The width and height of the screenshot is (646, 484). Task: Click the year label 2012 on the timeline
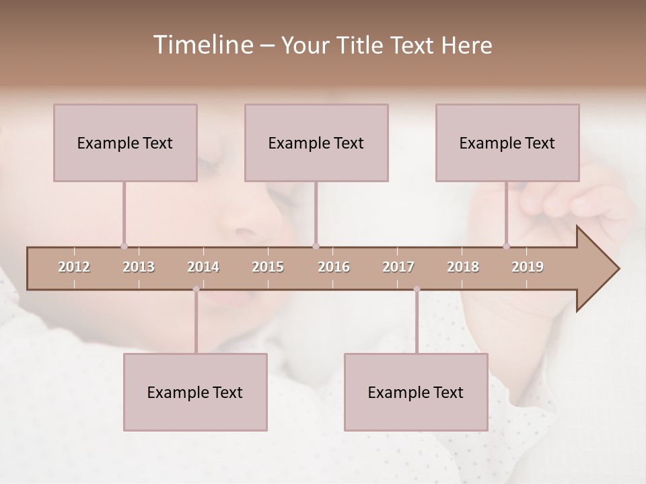tap(74, 268)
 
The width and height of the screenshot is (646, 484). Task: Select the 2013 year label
tap(139, 268)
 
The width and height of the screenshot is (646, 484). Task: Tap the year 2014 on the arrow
tap(203, 268)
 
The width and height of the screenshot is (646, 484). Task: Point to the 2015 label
tap(268, 268)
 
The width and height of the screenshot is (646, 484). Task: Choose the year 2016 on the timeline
tap(334, 268)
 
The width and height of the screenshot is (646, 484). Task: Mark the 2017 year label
tap(398, 268)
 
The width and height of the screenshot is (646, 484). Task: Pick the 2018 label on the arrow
tap(463, 268)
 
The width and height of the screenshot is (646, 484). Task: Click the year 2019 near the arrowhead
tap(528, 268)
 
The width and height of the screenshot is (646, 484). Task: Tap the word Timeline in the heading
tap(202, 45)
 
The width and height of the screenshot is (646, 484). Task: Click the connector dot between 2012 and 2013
tap(124, 246)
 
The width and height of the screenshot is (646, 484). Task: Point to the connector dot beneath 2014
tap(196, 289)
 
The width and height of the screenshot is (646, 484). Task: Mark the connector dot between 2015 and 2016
tap(316, 246)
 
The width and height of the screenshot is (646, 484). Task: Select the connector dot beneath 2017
tap(417, 289)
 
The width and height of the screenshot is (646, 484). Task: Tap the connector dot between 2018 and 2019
tap(506, 246)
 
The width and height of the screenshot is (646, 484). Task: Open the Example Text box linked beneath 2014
tap(195, 392)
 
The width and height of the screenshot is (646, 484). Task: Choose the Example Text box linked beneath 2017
tap(416, 392)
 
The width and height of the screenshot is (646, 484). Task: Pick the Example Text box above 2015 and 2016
tap(316, 143)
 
